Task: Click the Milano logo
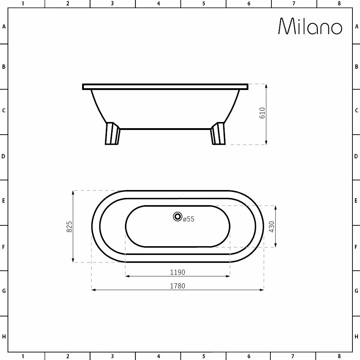(310, 26)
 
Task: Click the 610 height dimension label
(262, 113)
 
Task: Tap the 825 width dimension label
(69, 226)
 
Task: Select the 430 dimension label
(271, 226)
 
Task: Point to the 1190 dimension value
(177, 272)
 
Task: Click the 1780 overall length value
(177, 286)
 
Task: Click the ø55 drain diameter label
(189, 219)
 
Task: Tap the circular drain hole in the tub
(177, 216)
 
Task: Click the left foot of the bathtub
(112, 134)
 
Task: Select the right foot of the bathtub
(218, 134)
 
